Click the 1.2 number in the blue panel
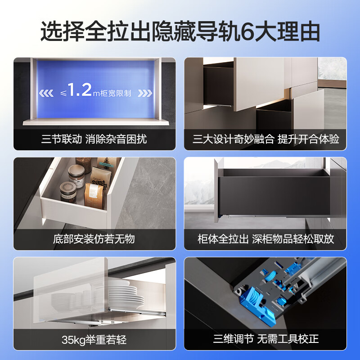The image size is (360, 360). click(x=81, y=90)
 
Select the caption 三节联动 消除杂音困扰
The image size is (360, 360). click(x=94, y=139)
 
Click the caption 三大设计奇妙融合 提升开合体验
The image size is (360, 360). click(x=265, y=139)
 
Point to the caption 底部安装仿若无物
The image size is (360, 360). click(x=94, y=238)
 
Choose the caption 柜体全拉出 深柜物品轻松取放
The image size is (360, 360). click(x=265, y=238)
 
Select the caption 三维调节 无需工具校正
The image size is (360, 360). click(x=265, y=338)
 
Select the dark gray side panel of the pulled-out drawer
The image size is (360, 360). click(x=270, y=193)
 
